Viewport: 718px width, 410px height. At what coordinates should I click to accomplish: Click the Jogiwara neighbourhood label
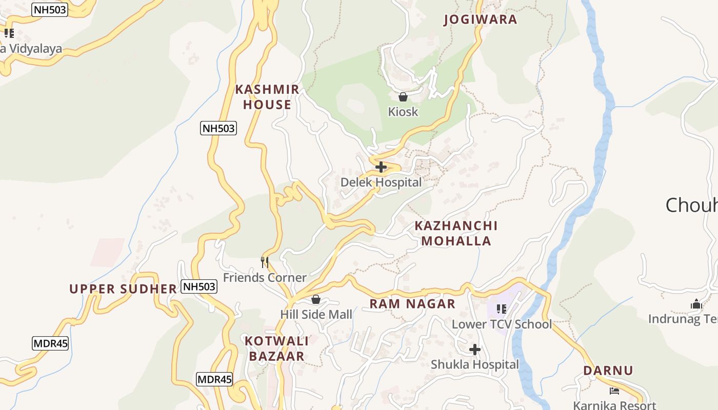[480, 19]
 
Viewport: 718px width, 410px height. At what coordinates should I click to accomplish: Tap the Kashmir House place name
[267, 97]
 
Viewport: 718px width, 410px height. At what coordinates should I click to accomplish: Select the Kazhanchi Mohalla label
[456, 233]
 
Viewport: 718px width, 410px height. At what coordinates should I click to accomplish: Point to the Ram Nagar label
[412, 304]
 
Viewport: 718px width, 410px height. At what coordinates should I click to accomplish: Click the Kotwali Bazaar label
[276, 348]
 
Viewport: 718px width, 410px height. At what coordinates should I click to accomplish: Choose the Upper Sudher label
[123, 289]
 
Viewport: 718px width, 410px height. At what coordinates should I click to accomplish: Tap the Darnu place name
[608, 371]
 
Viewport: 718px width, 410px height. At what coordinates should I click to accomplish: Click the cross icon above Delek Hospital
[381, 167]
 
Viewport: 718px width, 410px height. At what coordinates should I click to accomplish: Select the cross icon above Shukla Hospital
[475, 350]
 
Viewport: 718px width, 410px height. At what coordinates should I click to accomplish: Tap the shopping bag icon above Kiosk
[403, 96]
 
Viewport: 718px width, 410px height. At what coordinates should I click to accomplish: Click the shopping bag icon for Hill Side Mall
[316, 299]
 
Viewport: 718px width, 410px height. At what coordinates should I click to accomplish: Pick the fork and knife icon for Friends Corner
[265, 262]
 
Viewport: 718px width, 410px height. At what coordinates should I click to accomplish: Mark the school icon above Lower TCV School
[502, 309]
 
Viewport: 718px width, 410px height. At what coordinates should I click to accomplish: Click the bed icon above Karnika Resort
[614, 391]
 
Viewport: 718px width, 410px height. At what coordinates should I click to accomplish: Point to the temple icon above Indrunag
[696, 304]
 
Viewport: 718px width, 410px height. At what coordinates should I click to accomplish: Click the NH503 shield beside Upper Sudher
[199, 287]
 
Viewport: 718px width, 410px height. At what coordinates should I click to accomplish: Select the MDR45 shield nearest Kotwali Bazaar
[214, 380]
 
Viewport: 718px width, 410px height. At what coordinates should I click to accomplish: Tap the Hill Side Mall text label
[316, 314]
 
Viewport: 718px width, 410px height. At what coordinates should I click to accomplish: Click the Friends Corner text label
[265, 278]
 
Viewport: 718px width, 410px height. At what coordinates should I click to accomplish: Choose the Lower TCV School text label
[502, 324]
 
